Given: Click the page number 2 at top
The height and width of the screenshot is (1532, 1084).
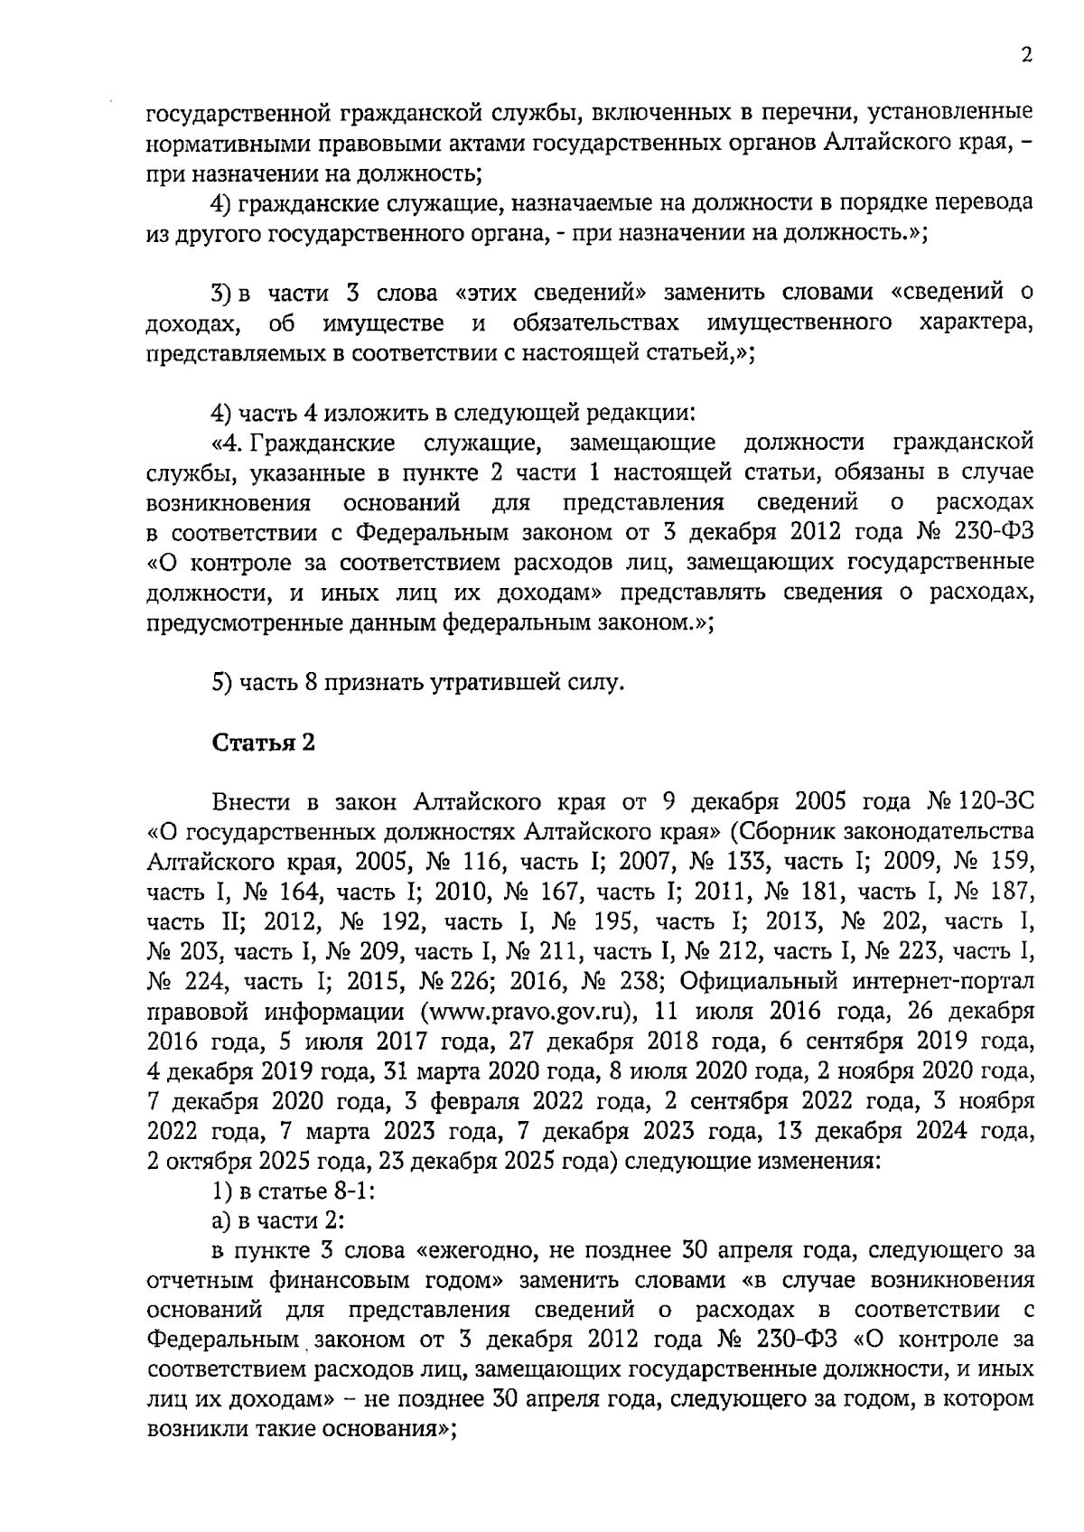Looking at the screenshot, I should click(1025, 56).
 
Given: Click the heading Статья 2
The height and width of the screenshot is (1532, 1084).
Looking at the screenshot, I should click(264, 743).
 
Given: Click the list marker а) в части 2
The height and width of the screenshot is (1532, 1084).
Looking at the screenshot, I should click(221, 1221).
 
